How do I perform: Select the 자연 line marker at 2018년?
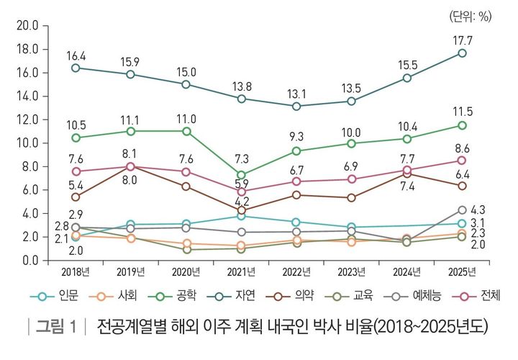point(76,68)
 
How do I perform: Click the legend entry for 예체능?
point(420,295)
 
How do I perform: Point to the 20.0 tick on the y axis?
point(27,26)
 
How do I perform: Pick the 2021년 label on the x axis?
point(241,272)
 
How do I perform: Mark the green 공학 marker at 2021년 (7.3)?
point(241,175)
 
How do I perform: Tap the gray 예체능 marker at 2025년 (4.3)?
point(462,210)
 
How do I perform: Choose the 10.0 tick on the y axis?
point(27,143)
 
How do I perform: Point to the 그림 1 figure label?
point(55,327)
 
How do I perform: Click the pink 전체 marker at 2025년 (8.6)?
point(462,160)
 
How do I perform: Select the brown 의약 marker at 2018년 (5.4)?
point(76,197)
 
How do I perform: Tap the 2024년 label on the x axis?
point(406,272)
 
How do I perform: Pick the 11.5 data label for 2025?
point(461,112)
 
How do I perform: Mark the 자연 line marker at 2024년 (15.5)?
point(406,78)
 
